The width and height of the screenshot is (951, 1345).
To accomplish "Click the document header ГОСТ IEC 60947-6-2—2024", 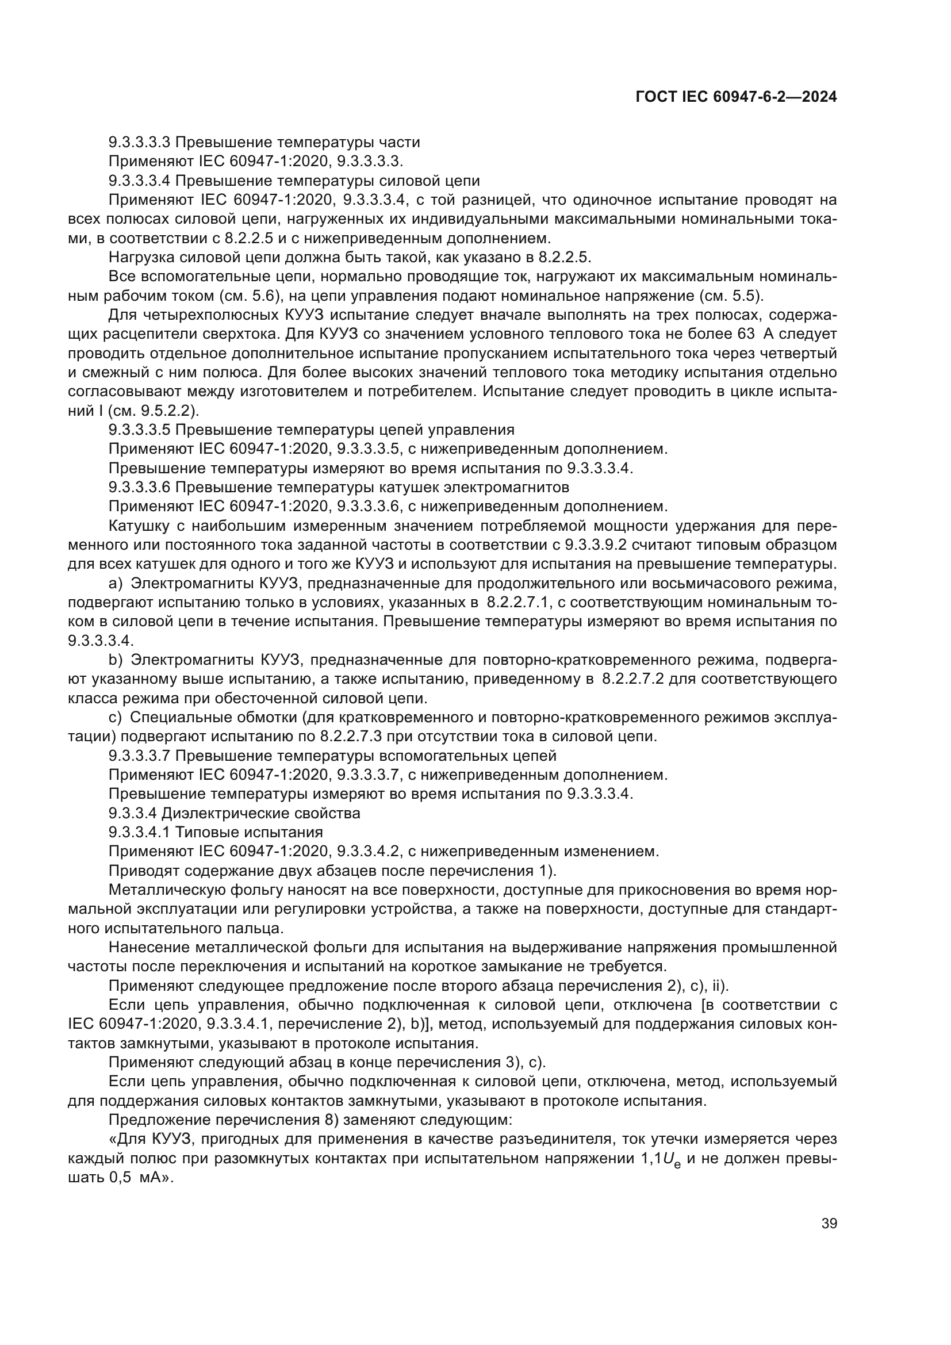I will (736, 97).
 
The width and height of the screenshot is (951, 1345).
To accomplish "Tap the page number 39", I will (829, 1224).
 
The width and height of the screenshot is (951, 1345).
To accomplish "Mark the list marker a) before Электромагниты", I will (116, 583).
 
